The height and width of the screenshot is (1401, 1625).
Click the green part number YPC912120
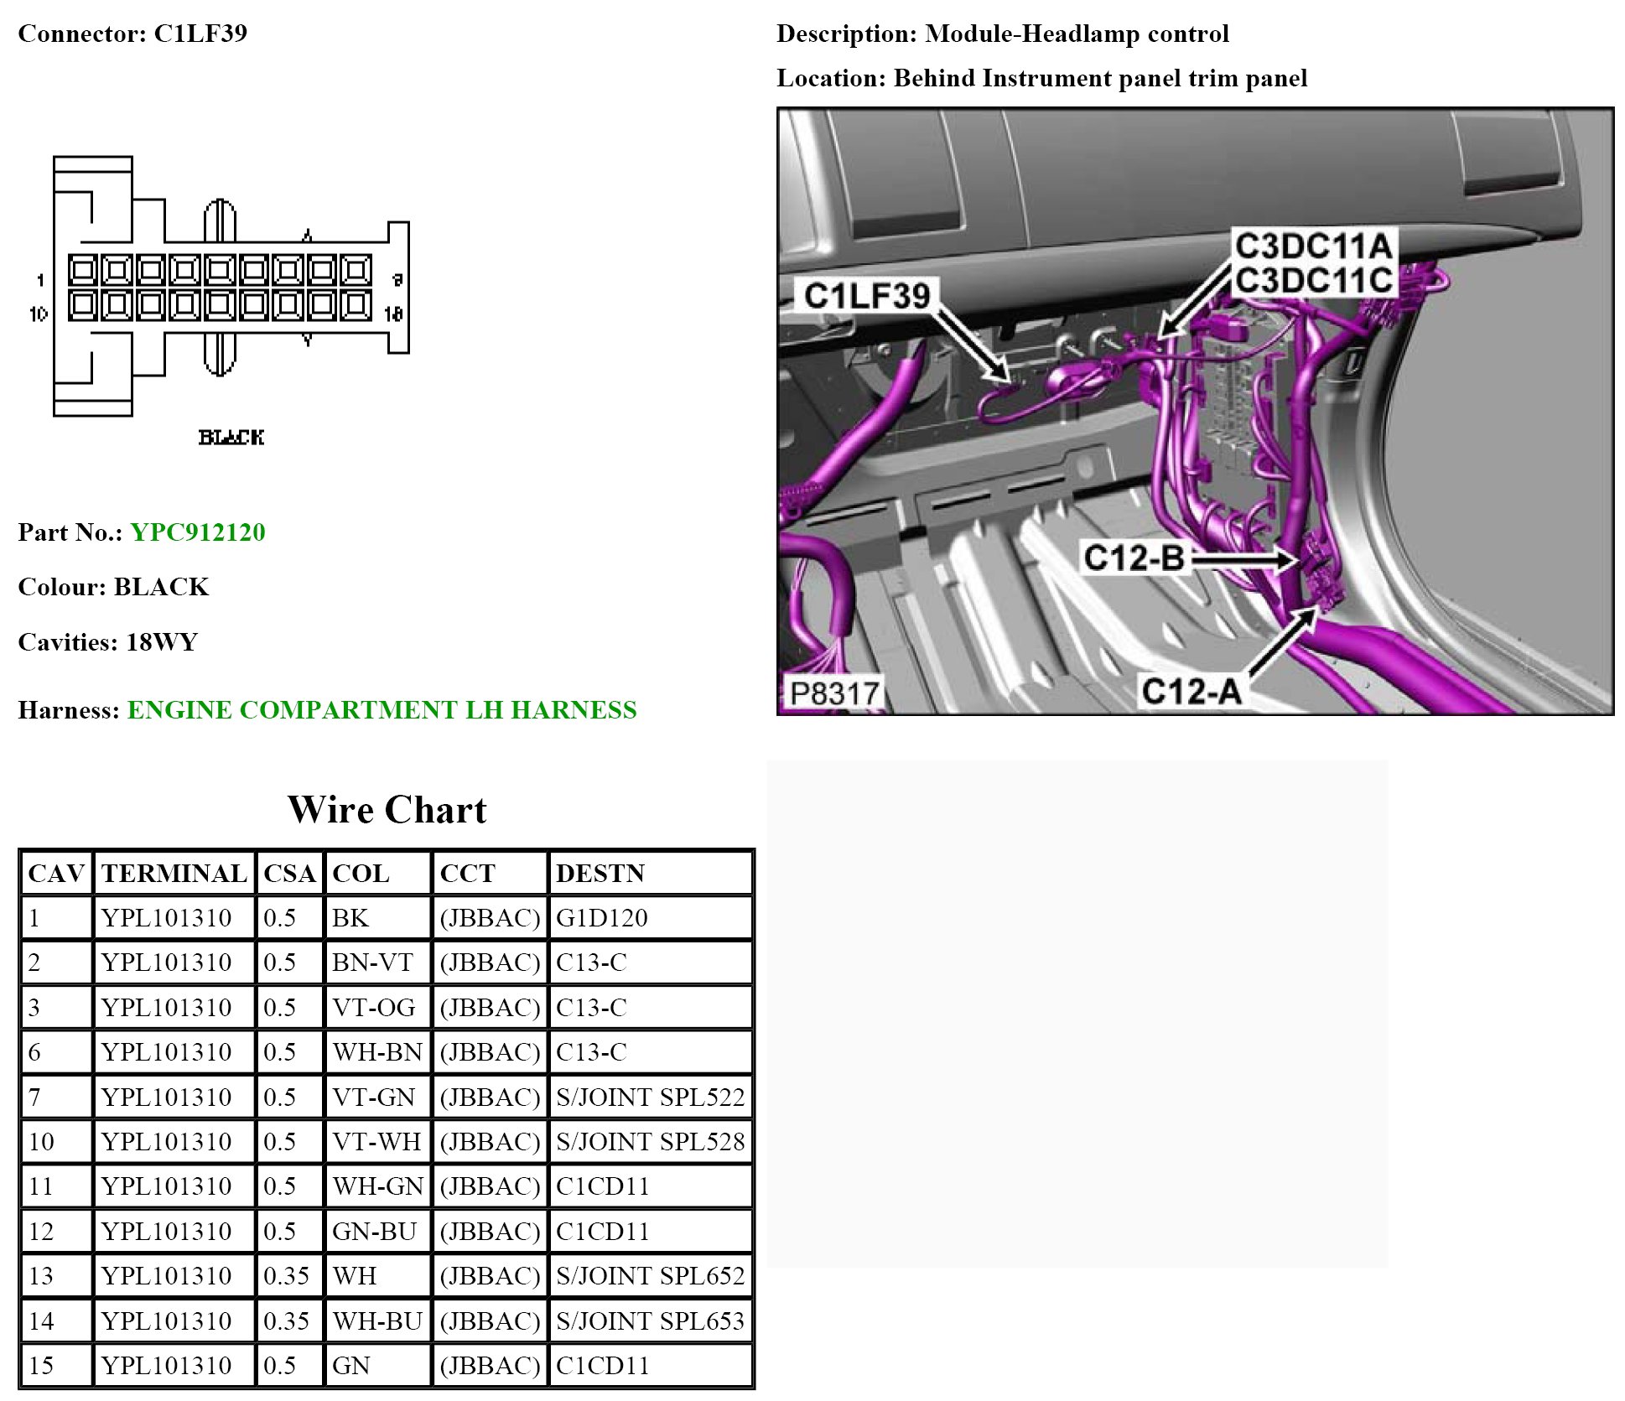tap(198, 532)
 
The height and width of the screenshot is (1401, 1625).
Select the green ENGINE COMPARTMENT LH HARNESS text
tap(382, 710)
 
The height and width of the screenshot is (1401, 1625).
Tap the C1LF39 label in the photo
tap(867, 296)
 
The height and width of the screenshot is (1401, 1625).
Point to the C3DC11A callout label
tap(1313, 246)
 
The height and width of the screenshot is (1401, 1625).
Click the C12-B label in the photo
tap(1134, 558)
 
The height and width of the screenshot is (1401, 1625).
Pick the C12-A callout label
tap(1191, 692)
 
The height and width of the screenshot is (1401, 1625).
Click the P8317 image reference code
tap(834, 693)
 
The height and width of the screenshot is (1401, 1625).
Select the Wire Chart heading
tap(387, 810)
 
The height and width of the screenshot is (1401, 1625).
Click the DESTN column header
tap(600, 874)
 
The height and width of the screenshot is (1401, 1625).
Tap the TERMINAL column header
tap(174, 874)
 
